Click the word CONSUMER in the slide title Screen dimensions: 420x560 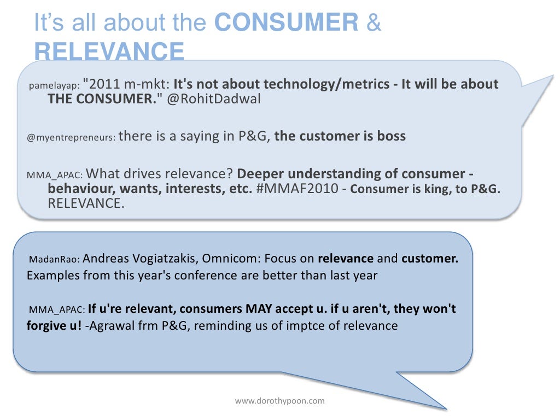point(287,23)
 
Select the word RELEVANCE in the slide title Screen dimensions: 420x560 point(109,52)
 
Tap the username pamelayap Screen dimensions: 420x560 point(54,85)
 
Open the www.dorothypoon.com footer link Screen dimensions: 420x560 point(279,401)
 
